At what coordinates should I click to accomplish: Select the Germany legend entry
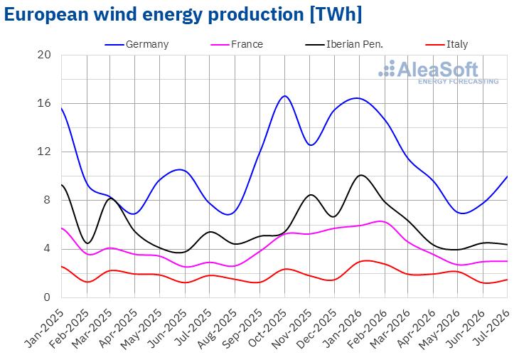pos(137,44)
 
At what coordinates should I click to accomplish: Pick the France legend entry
pos(237,44)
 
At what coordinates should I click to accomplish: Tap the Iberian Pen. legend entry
pos(344,44)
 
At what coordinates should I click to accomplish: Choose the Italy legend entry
pos(447,44)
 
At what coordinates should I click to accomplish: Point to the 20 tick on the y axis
pos(44,55)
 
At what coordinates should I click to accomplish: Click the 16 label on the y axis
pos(44,103)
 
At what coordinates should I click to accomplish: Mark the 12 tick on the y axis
pos(44,152)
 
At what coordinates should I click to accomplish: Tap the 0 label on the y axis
pos(47,297)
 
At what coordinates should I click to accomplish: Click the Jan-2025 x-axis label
pos(45,328)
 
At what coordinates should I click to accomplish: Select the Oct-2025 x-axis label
pos(268,328)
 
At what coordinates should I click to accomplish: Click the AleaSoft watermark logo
pos(438,72)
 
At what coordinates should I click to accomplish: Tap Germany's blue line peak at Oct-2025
pos(285,96)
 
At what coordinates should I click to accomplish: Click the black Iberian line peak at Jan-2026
pos(360,175)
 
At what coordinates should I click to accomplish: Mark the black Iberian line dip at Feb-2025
pos(87,243)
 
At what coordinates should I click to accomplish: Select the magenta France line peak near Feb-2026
pos(381,221)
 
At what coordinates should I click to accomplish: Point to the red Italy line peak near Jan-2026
pos(366,260)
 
